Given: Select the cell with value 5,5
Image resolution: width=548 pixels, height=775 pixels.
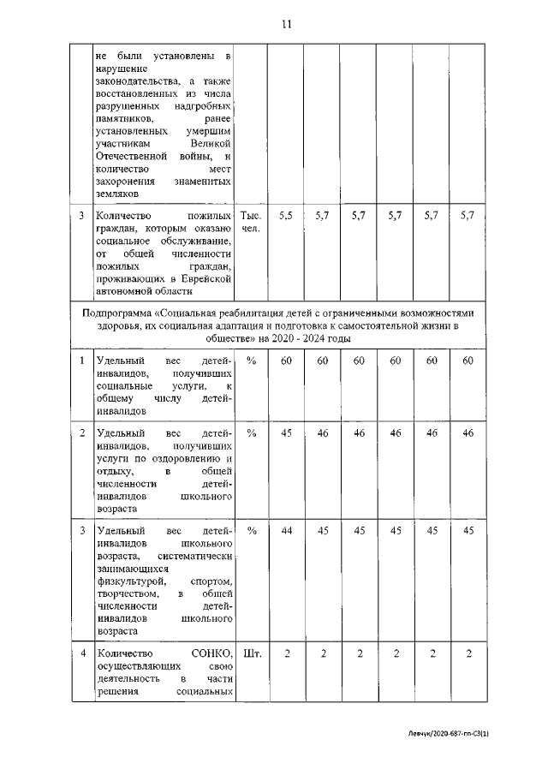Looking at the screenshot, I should pyautogui.click(x=286, y=217).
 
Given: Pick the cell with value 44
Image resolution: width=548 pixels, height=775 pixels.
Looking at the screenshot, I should pyautogui.click(x=286, y=531).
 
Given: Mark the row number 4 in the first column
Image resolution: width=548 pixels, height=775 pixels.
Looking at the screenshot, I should pyautogui.click(x=82, y=653).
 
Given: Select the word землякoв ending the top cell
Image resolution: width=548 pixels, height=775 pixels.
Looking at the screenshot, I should pyautogui.click(x=114, y=194).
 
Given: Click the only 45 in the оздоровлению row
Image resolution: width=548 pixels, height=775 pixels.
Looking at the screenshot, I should pyautogui.click(x=286, y=433).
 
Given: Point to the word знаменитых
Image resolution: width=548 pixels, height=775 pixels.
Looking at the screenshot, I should pyautogui.click(x=205, y=182).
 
